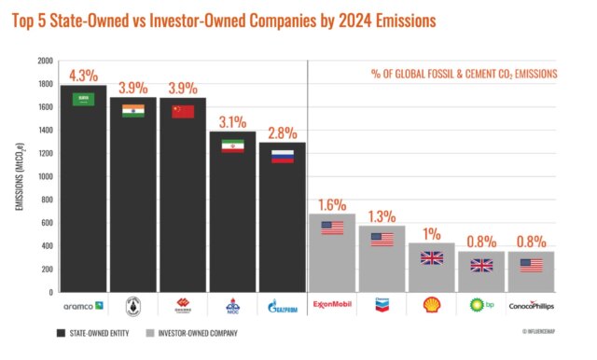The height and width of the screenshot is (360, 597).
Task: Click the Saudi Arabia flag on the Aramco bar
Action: [x=83, y=99]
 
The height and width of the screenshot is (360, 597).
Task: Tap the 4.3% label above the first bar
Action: [x=83, y=76]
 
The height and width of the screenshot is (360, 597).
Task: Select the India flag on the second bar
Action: [x=133, y=111]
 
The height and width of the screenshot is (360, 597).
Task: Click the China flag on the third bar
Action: [x=183, y=111]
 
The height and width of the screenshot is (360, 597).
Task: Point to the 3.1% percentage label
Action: [x=232, y=121]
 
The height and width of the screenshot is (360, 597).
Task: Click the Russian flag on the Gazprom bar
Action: [x=282, y=156]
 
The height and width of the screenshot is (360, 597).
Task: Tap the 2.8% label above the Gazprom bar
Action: [x=282, y=132]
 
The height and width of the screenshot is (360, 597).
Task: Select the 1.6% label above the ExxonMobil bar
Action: [x=332, y=204]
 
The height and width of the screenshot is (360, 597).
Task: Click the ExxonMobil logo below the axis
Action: [x=332, y=304]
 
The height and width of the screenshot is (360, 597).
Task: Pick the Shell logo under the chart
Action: [x=431, y=304]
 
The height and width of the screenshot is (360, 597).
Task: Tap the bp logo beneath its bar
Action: [x=480, y=304]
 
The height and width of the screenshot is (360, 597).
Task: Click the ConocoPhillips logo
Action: [x=531, y=304]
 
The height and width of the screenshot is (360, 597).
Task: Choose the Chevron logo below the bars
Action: [x=382, y=304]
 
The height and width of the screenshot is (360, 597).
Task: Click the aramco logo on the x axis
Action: [x=83, y=304]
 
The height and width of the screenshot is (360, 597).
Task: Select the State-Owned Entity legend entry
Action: [x=92, y=332]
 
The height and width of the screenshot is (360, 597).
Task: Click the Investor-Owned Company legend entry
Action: [x=192, y=332]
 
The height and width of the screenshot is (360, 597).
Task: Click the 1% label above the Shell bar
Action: [x=431, y=233]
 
